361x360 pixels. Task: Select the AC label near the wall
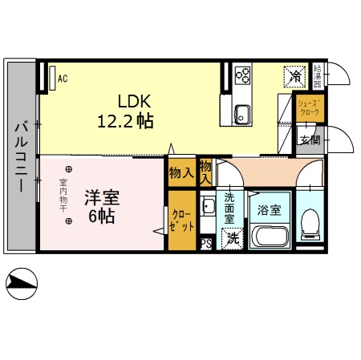[x=62, y=79]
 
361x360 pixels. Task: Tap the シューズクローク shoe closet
[x=310, y=108]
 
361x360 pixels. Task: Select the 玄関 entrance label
[x=310, y=140]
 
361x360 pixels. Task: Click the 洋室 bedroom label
[x=101, y=197]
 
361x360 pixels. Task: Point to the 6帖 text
[x=101, y=216]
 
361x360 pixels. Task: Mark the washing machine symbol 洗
[x=233, y=238]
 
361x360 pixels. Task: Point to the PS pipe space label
[x=205, y=245]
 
